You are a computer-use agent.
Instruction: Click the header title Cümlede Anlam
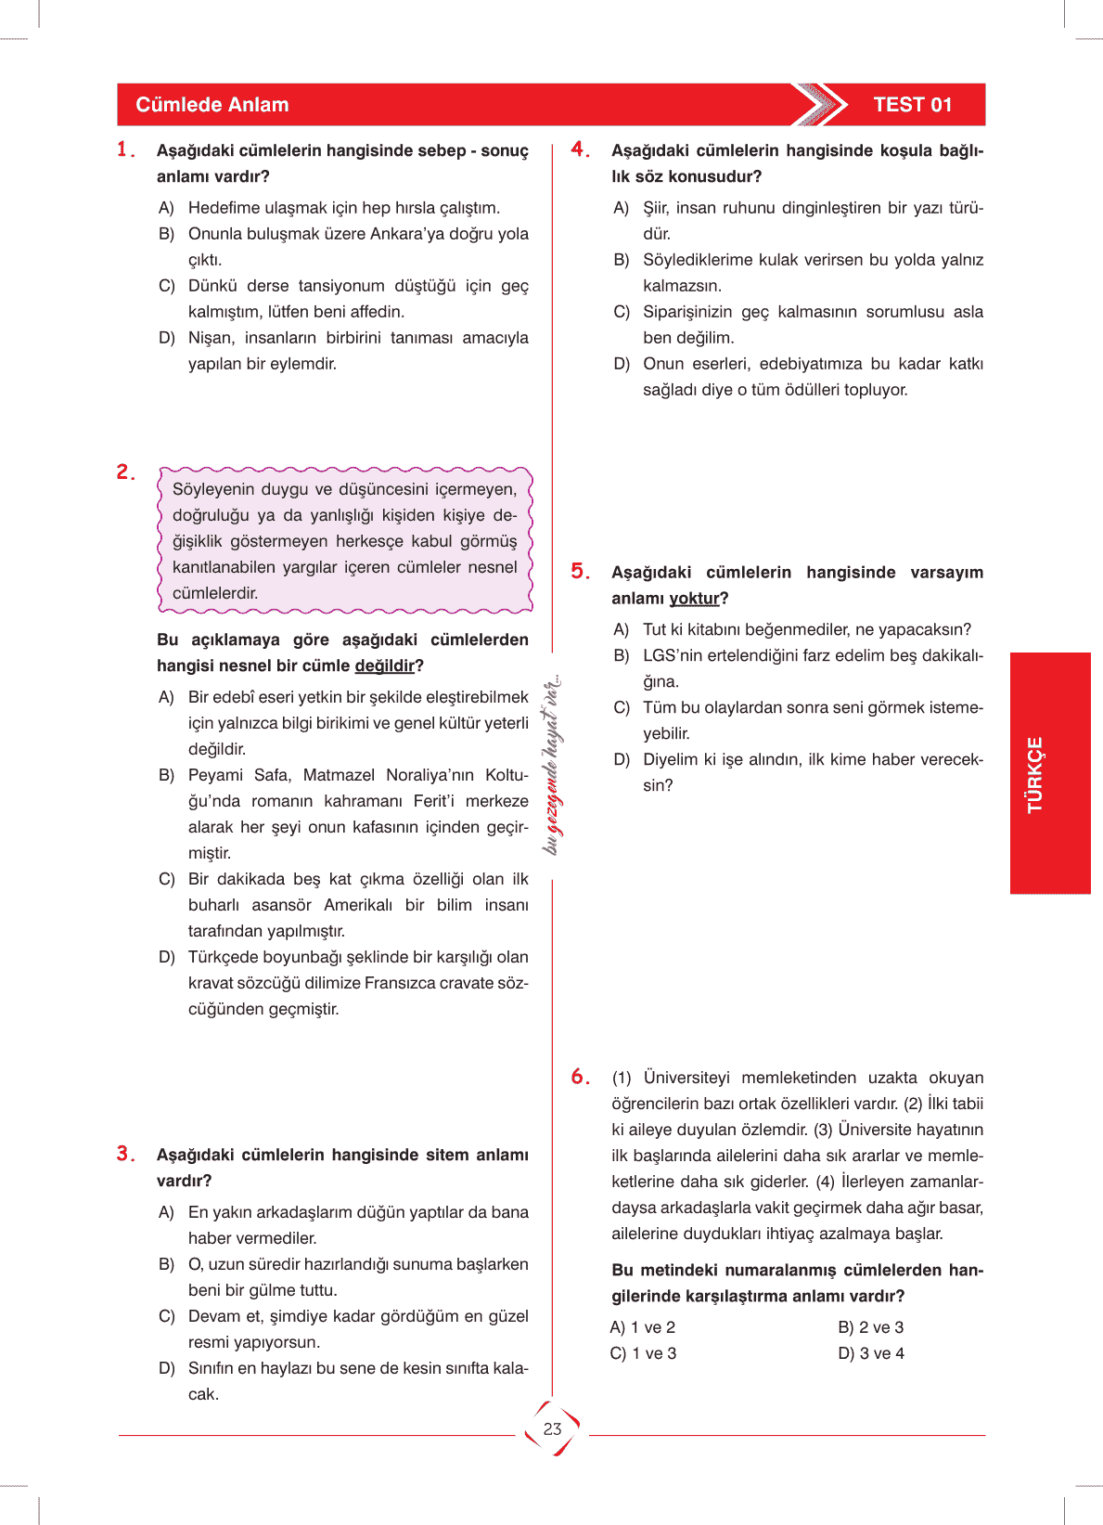[x=212, y=105]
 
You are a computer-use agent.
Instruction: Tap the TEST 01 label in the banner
[x=912, y=105]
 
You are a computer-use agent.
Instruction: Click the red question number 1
[x=124, y=149]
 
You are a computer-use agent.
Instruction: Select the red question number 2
[x=124, y=472]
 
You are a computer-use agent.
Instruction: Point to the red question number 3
[x=124, y=1154]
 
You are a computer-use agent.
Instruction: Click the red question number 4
[x=579, y=149]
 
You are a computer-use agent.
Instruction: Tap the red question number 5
[x=579, y=572]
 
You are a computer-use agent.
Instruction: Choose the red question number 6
[x=579, y=1077]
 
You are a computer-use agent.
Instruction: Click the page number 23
[x=552, y=1429]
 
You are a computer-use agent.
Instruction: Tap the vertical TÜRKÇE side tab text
[x=1035, y=774]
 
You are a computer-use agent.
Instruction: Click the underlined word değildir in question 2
[x=384, y=666]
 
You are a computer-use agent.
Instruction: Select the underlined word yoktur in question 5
[x=694, y=599]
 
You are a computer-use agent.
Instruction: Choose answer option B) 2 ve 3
[x=870, y=1327]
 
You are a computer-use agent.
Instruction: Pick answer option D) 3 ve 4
[x=870, y=1353]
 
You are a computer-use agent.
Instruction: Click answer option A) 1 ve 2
[x=642, y=1327]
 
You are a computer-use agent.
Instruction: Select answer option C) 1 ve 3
[x=642, y=1353]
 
